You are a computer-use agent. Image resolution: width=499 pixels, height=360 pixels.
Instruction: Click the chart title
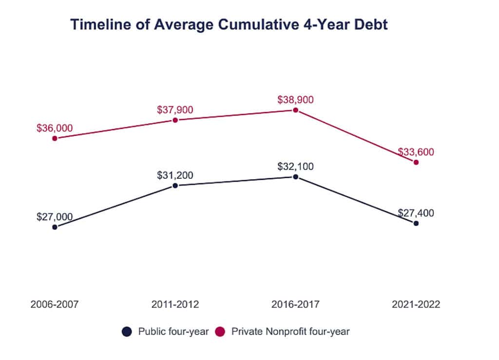(229, 25)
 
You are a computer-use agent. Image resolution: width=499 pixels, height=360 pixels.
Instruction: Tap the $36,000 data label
(55, 128)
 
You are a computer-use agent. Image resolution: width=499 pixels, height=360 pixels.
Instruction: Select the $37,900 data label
(175, 110)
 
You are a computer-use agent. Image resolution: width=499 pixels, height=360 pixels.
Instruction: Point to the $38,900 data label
(295, 100)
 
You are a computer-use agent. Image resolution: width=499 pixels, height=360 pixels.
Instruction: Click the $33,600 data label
(416, 152)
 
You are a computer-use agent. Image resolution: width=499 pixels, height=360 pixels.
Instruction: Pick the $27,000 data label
(55, 217)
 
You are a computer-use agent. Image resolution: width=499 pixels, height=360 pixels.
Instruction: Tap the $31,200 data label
(175, 175)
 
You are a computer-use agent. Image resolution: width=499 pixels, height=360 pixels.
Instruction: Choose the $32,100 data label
(295, 166)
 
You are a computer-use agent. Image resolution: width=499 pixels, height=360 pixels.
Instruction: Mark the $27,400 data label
(416, 213)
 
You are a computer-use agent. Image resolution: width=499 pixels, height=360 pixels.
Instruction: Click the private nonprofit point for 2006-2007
(55, 138)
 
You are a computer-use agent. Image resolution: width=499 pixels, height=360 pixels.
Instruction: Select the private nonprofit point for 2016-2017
(295, 110)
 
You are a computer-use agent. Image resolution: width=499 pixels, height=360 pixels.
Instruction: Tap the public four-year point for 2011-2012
(175, 186)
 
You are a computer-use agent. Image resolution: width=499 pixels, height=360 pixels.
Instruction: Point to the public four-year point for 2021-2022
(416, 223)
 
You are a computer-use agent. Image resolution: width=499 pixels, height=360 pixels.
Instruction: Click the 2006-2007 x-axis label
(55, 305)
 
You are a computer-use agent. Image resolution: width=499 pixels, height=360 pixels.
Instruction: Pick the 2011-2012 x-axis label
(175, 305)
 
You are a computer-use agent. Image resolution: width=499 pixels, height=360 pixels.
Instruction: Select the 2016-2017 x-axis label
(295, 305)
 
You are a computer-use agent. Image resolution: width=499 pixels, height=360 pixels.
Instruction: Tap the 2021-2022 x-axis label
(416, 305)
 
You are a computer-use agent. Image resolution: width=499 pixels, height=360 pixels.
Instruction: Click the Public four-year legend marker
(127, 332)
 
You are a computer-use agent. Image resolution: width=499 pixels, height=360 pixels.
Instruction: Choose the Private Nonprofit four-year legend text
(290, 332)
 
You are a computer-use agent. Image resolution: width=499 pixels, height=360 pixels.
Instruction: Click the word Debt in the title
(369, 25)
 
